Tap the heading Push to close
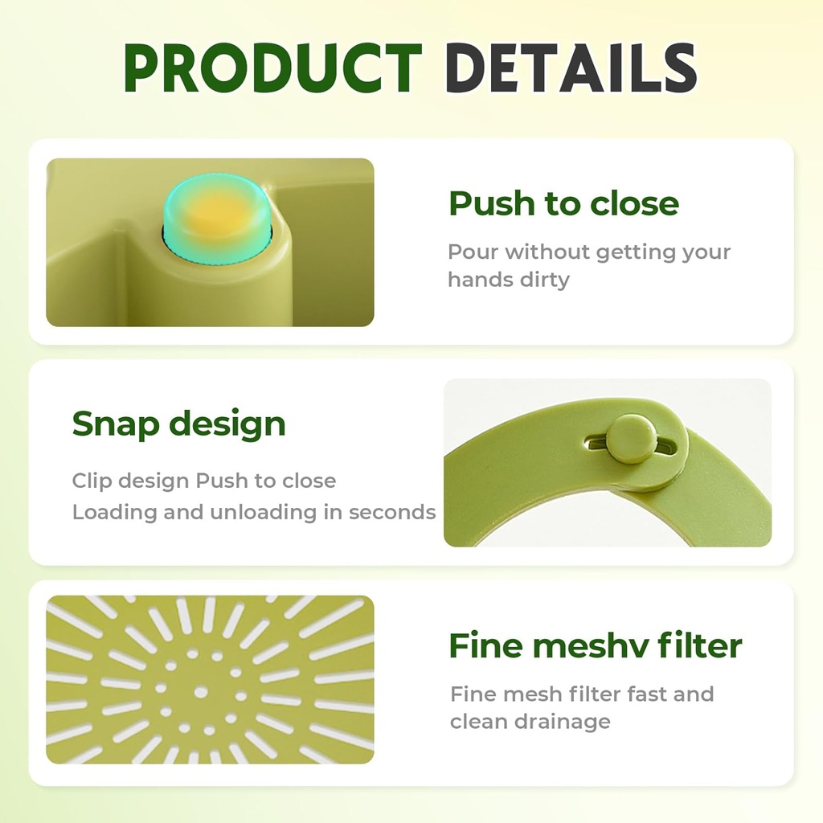point(563,204)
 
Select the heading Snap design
point(178,424)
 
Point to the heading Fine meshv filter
point(595,645)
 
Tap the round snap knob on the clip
point(629,439)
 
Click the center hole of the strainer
point(201,692)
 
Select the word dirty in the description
point(543,280)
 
